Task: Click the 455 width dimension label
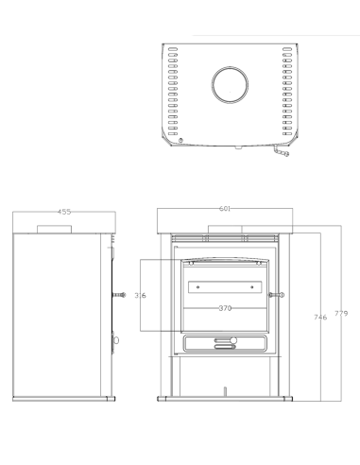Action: pyautogui.click(x=64, y=212)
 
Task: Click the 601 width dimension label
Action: pyautogui.click(x=225, y=209)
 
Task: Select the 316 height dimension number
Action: pyautogui.click(x=140, y=296)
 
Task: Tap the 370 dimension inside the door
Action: pyautogui.click(x=225, y=308)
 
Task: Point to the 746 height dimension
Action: pyautogui.click(x=320, y=318)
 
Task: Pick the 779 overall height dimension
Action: pyautogui.click(x=341, y=314)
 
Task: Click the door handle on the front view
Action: pyautogui.click(x=276, y=295)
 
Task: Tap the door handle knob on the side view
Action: pyautogui.click(x=119, y=295)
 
